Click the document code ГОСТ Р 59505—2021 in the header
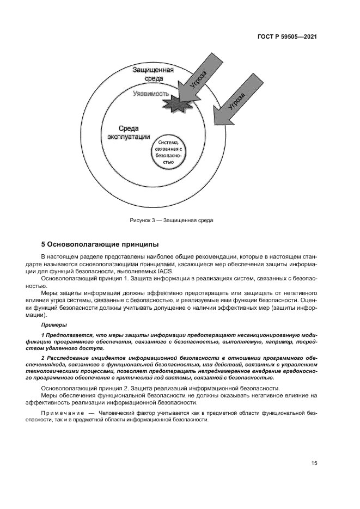coord(287,36)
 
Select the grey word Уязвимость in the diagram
coord(154,94)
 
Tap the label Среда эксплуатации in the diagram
coord(126,132)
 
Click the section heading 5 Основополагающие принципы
coord(100,244)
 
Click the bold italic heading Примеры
coord(54,324)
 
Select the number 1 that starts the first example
coord(42,334)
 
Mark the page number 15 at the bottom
coord(314,463)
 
